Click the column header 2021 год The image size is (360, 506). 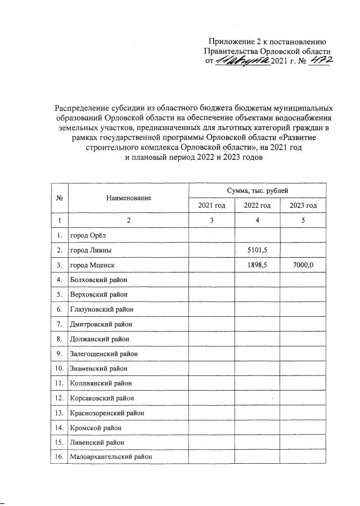click(x=211, y=206)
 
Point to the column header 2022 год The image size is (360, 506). click(x=257, y=206)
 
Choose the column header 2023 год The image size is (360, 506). click(x=303, y=206)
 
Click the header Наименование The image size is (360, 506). click(x=128, y=198)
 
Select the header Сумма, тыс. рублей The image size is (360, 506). click(x=257, y=191)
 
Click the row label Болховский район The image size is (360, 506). click(x=98, y=279)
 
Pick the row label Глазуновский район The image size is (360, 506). click(x=102, y=308)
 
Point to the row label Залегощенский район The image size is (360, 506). click(x=103, y=354)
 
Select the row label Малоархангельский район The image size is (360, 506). click(x=110, y=457)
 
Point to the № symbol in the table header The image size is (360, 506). click(x=59, y=198)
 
